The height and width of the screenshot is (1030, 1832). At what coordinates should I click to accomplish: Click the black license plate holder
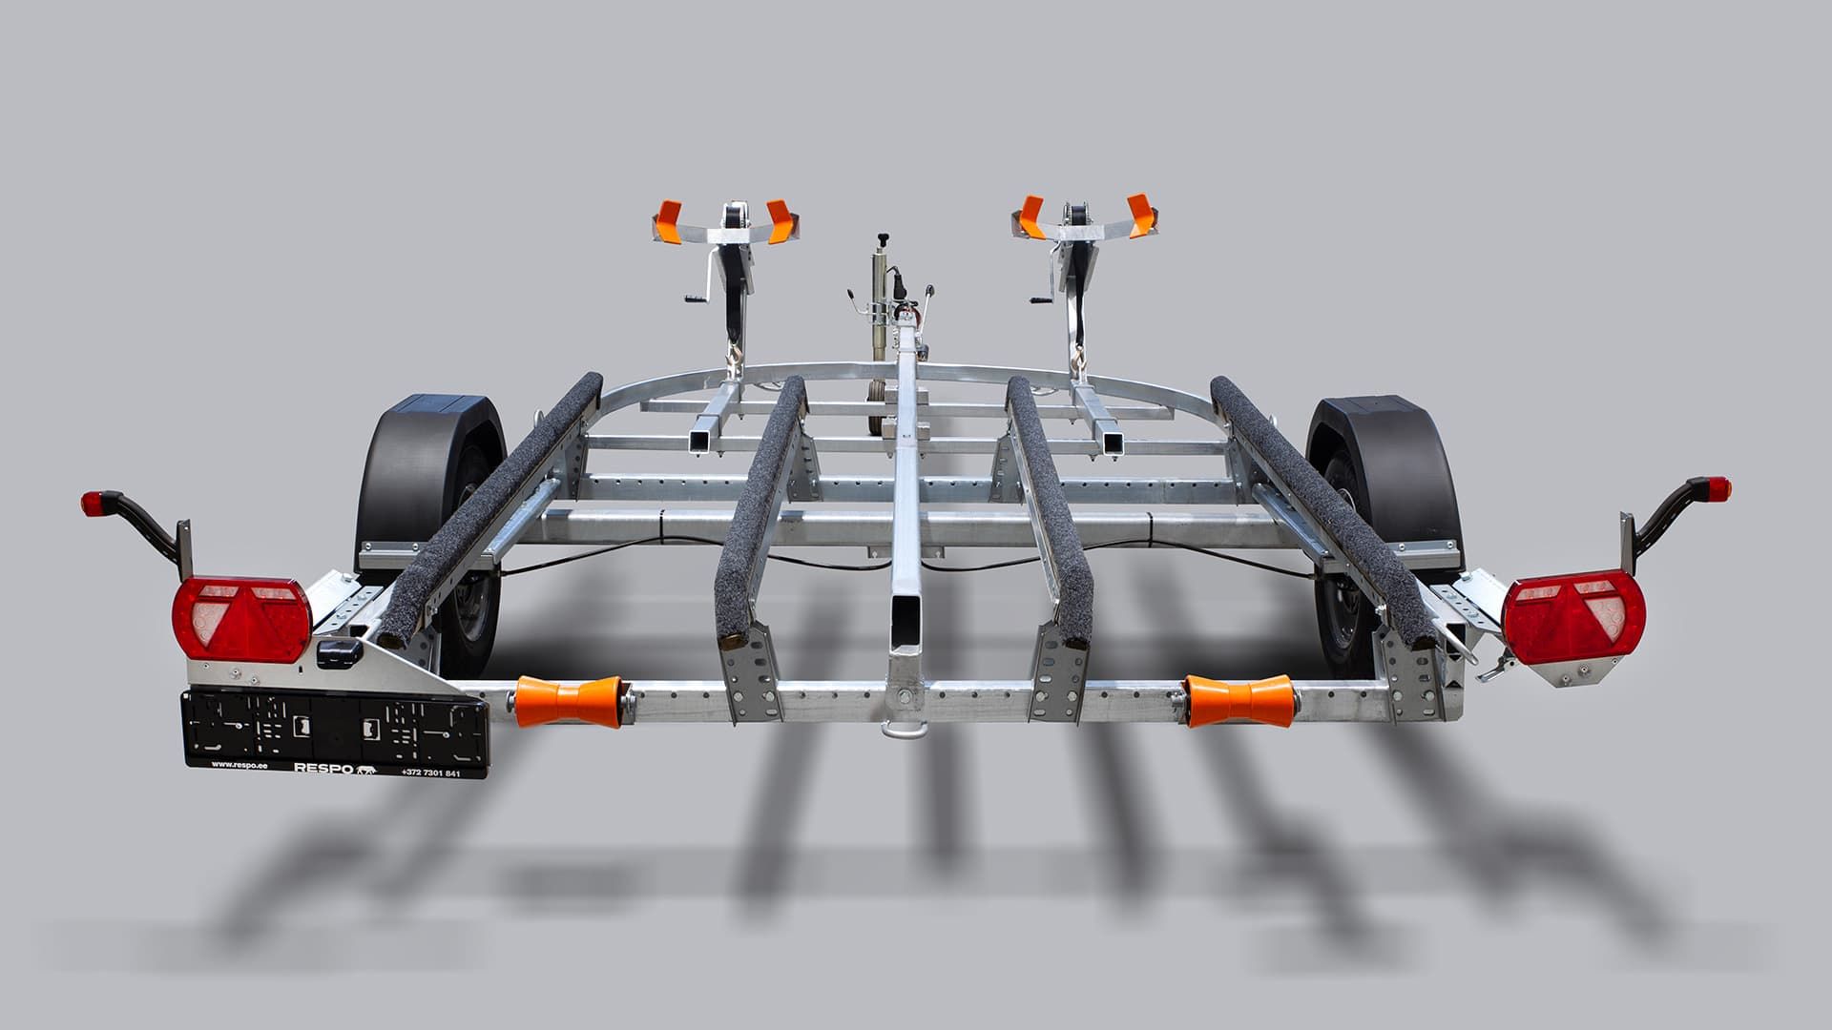[x=334, y=730]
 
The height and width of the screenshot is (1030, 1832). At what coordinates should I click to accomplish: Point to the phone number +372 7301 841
[x=430, y=772]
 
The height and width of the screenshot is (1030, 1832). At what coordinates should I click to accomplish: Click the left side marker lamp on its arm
[x=92, y=502]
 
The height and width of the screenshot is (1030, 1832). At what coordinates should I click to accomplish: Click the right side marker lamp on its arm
[x=1719, y=489]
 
